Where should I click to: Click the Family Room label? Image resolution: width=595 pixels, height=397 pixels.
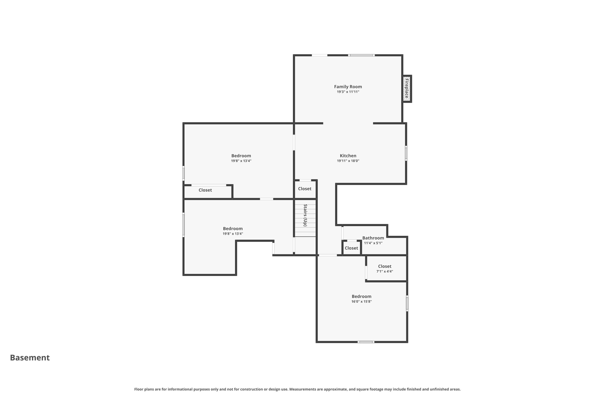(348, 87)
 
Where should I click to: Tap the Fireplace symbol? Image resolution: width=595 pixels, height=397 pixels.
(406, 89)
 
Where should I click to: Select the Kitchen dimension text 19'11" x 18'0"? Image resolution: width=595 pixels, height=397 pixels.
(348, 161)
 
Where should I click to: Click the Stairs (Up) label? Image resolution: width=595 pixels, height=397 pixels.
(305, 215)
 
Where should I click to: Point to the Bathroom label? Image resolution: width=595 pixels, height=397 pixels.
(373, 238)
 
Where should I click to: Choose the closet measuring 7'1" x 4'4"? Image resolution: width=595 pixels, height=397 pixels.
(385, 268)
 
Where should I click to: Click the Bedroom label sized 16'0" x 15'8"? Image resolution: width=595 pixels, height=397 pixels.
(361, 296)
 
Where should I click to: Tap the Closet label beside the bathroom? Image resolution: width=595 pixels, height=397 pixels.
(351, 248)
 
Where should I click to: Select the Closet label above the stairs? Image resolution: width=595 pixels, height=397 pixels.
(304, 189)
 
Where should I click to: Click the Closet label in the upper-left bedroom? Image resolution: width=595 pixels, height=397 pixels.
(205, 190)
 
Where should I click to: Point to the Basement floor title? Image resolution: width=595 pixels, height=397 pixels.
(30, 358)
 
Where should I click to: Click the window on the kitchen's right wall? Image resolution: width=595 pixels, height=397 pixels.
(406, 153)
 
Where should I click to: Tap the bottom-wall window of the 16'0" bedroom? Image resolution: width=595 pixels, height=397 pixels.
(366, 342)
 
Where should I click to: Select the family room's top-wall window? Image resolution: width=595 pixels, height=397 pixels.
(361, 55)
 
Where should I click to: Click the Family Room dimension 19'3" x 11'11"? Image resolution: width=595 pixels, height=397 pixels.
(348, 92)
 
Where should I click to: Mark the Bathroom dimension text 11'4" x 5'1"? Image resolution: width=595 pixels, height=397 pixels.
(373, 243)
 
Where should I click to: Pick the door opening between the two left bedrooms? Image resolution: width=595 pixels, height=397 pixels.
(266, 199)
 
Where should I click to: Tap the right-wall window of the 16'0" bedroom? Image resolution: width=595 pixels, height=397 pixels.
(407, 303)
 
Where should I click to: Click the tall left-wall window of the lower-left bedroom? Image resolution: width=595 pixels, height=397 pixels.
(183, 225)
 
